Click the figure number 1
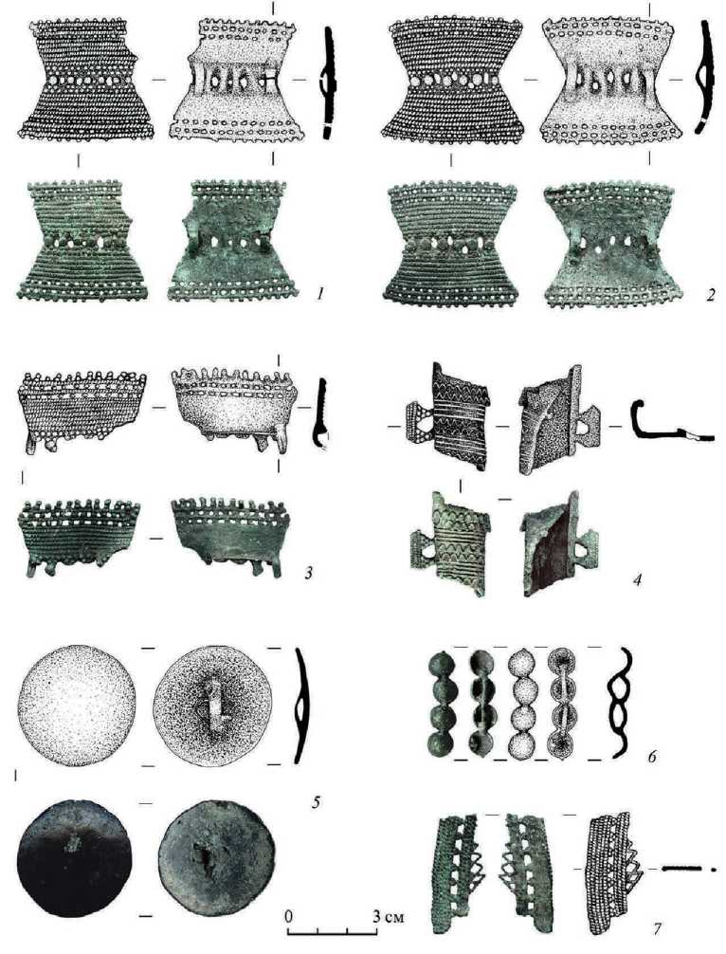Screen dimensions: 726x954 tap(319, 294)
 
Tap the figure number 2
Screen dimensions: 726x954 tap(710, 296)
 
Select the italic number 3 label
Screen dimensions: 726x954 tap(309, 572)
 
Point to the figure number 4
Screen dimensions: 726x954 tap(637, 579)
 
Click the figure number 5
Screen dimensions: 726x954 tap(315, 802)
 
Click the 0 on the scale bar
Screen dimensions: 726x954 tap(289, 916)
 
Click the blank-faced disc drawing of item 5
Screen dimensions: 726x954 tap(77, 706)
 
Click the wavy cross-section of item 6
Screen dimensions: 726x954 tap(620, 703)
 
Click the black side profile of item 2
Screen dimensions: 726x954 tap(705, 76)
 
